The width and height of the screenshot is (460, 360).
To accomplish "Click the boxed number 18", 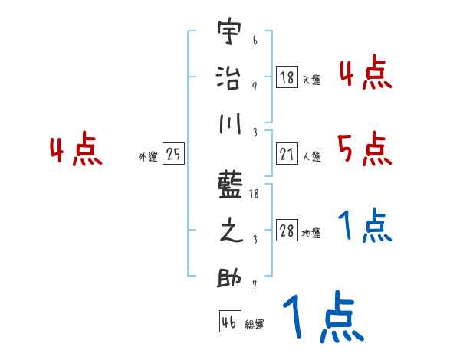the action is click(x=287, y=77).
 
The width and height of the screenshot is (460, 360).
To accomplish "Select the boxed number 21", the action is click(x=287, y=154).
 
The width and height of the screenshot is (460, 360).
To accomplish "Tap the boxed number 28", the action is click(x=287, y=231).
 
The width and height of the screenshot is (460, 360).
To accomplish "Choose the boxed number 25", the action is click(x=173, y=154).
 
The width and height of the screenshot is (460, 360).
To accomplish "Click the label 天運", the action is click(x=311, y=80).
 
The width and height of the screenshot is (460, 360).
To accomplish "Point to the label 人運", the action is click(x=311, y=156).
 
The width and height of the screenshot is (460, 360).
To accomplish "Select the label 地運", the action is click(x=311, y=233).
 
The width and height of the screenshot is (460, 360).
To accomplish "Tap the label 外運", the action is click(x=148, y=156).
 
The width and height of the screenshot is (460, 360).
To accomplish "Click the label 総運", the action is click(x=255, y=324).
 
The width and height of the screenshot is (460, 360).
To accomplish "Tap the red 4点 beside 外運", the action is click(x=76, y=150).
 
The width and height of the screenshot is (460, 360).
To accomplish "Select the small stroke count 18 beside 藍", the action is click(x=256, y=193).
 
